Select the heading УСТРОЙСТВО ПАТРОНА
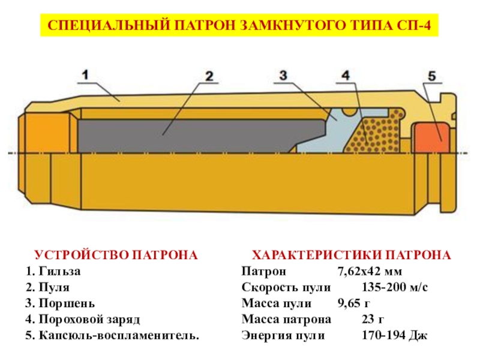click(115, 255)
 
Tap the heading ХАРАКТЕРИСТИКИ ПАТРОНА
click(351, 255)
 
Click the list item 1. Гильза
click(53, 271)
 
